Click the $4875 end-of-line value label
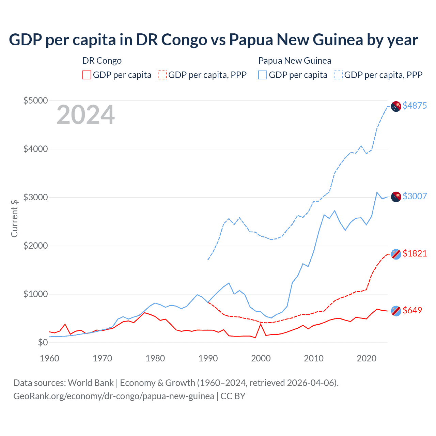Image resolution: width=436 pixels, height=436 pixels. pos(415,106)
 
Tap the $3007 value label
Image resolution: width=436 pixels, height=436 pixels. pos(415,196)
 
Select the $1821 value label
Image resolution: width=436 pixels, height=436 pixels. pos(415,253)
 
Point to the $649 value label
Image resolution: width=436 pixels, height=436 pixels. pos(412,310)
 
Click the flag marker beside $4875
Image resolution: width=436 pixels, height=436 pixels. pos(396,106)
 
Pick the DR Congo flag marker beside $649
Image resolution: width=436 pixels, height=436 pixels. pos(396,311)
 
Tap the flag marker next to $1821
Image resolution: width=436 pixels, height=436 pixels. pos(396,254)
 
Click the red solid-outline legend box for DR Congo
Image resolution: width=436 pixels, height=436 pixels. pos(87,75)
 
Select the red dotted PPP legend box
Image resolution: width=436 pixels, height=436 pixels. pos(162,75)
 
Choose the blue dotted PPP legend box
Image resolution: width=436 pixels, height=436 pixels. pos(338,75)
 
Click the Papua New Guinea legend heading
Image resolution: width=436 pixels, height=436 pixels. pos(295,61)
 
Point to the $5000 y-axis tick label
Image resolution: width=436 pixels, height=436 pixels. pos(35,101)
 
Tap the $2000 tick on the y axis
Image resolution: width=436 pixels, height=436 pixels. pos(35,246)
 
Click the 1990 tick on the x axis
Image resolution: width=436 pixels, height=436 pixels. pos(208,358)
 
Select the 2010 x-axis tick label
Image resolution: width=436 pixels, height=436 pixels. pos(314,358)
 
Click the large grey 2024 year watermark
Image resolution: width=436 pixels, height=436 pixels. pos(85,115)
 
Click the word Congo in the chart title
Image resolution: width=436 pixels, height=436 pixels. pos(184,40)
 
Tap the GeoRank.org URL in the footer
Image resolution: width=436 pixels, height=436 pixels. pos(114,396)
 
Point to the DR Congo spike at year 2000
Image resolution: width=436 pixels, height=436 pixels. pos(261,324)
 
